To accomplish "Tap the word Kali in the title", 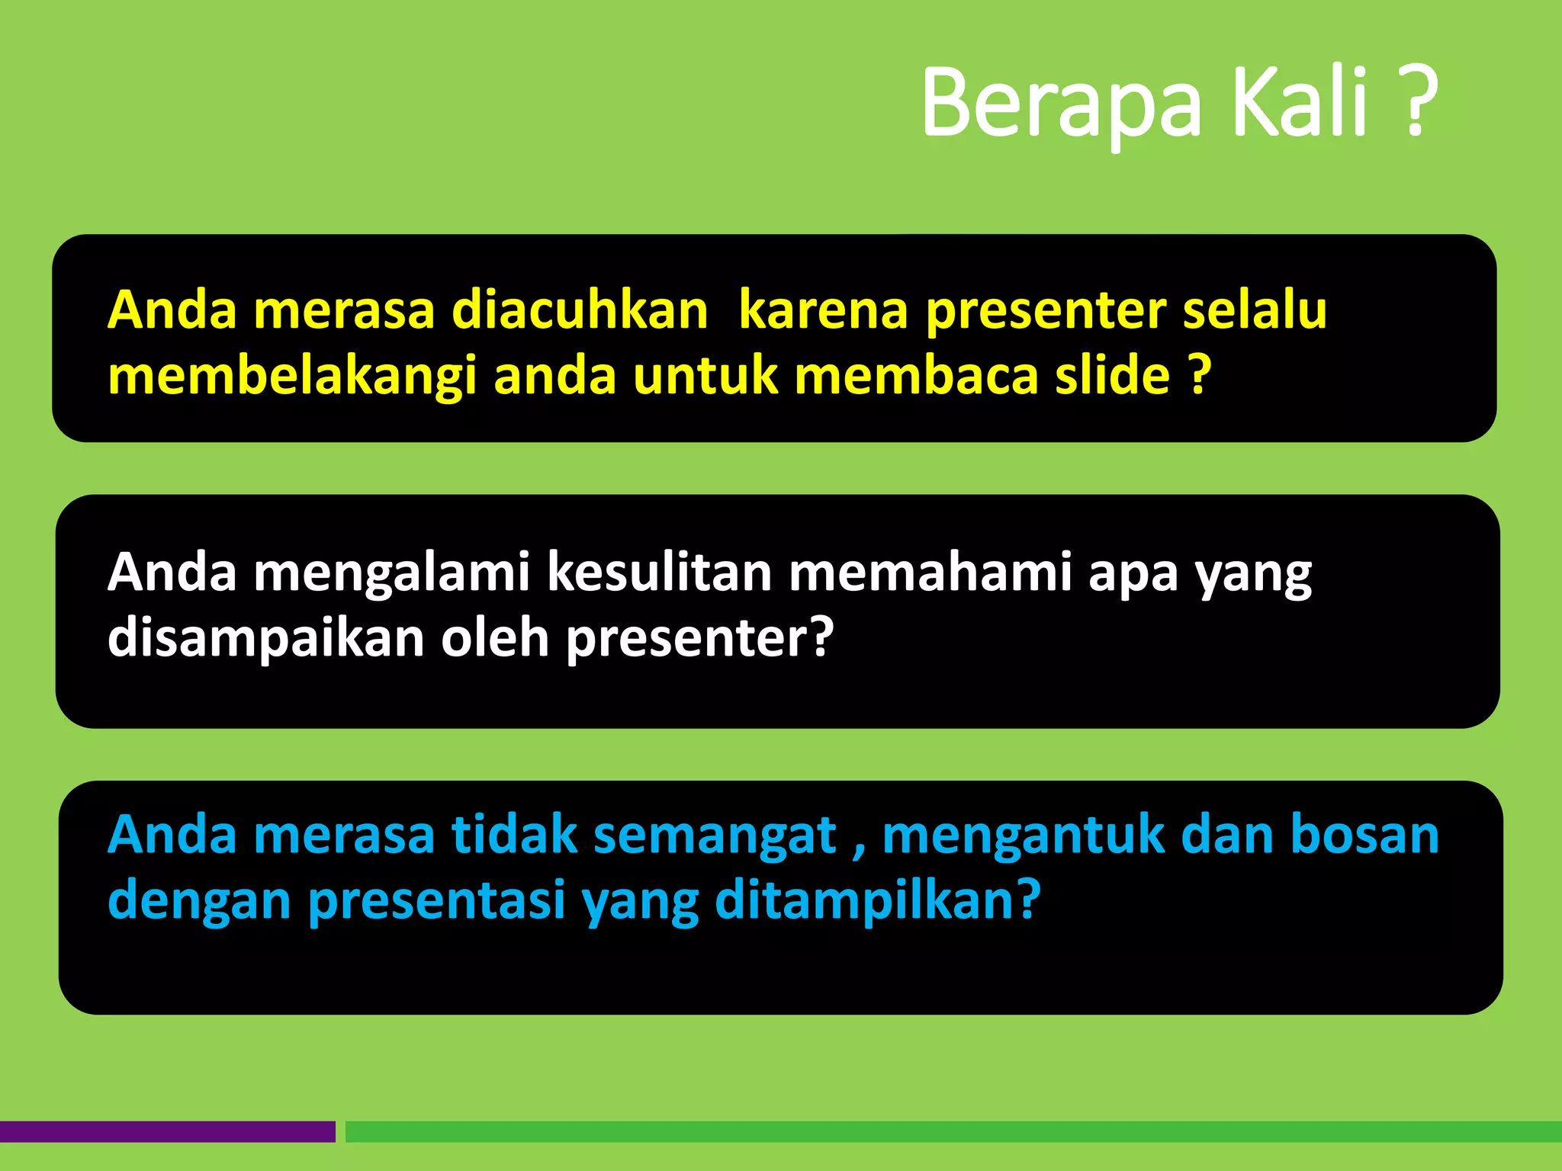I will coord(1307,103).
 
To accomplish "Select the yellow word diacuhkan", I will coord(580,311).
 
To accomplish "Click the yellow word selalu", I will coord(1255,311).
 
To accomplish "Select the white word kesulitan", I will coord(660,573).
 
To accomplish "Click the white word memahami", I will coord(930,573).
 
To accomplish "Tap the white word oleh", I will coord(495,638).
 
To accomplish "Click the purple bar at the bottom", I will coord(167,1131).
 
